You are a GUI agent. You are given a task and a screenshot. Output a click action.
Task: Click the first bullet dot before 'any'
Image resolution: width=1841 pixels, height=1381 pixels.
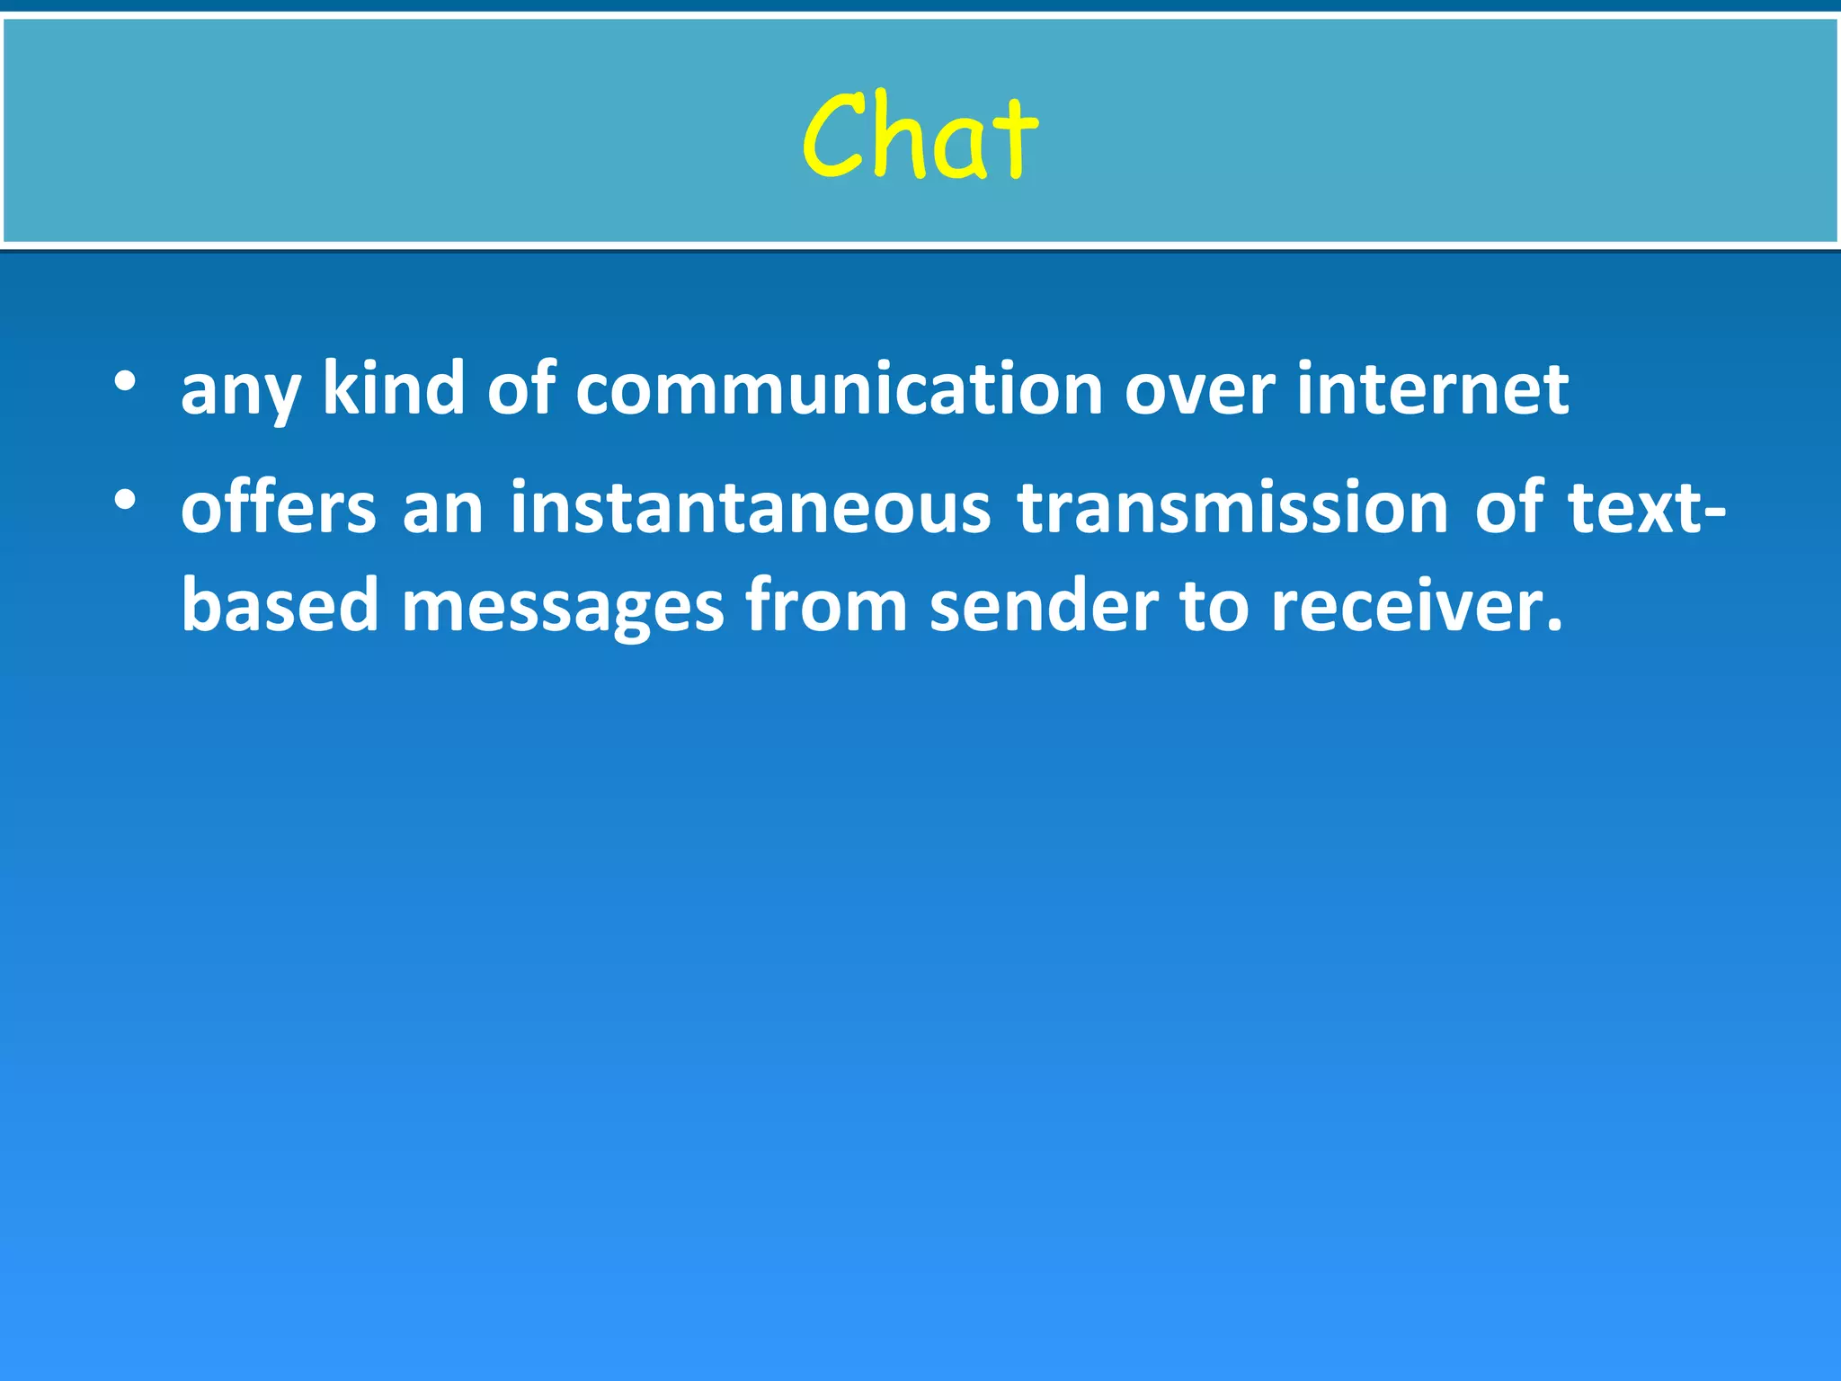[125, 381]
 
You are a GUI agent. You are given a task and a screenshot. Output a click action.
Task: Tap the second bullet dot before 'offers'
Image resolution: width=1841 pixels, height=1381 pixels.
[125, 500]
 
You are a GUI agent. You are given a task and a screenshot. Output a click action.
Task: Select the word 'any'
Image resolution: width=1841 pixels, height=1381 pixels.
[240, 391]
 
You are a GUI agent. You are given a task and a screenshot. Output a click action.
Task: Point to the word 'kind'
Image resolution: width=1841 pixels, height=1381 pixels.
[394, 388]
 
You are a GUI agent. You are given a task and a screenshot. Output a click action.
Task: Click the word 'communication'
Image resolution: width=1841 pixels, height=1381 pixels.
[839, 388]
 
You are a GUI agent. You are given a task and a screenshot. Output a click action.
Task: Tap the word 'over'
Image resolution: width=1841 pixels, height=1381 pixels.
[1199, 390]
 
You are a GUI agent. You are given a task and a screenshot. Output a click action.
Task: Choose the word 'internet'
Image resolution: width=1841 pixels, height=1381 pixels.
[1433, 388]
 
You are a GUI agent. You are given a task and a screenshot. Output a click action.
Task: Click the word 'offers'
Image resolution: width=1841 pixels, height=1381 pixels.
[279, 507]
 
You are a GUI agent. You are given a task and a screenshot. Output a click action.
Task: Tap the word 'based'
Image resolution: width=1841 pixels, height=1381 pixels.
[280, 605]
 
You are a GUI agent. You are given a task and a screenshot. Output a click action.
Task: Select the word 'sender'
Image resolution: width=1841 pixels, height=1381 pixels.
[1044, 605]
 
